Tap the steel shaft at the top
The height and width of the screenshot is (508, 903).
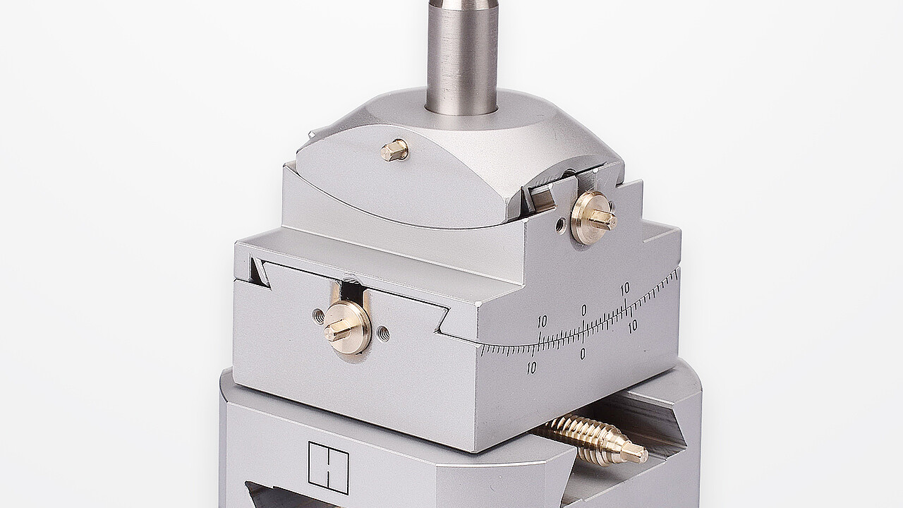462,56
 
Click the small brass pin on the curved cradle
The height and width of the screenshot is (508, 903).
394,150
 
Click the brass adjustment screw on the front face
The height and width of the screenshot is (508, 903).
347,326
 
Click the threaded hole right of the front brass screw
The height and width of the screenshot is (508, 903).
383,333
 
